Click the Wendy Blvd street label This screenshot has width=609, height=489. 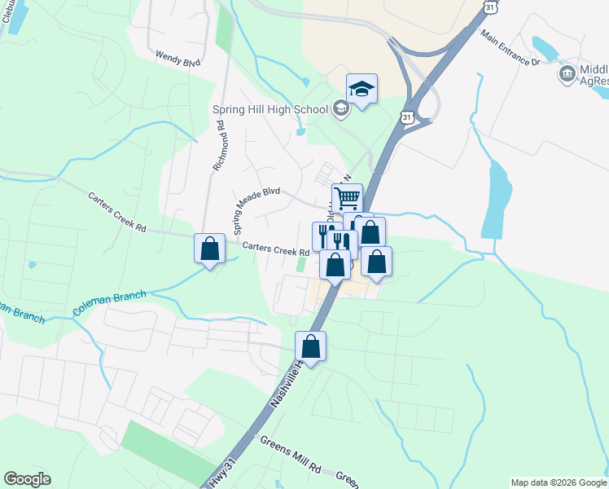pyautogui.click(x=177, y=60)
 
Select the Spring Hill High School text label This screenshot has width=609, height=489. pyautogui.click(x=269, y=110)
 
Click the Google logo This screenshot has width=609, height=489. pyautogui.click(x=27, y=479)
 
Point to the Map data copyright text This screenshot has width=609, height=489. pyautogui.click(x=558, y=482)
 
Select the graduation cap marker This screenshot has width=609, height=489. pyautogui.click(x=361, y=89)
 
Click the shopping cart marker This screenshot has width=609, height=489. pyautogui.click(x=347, y=198)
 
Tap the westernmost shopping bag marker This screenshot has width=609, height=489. pyautogui.click(x=209, y=249)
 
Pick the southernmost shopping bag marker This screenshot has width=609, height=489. pyautogui.click(x=311, y=346)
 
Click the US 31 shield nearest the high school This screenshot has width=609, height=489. pyautogui.click(x=409, y=118)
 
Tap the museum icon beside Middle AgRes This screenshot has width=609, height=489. pyautogui.click(x=567, y=75)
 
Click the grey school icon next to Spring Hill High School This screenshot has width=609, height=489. pyautogui.click(x=340, y=109)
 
